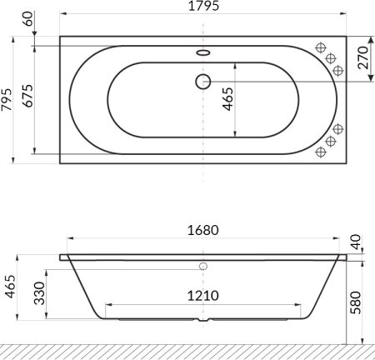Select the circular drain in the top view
click(x=202, y=82)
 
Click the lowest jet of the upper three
click(x=337, y=70)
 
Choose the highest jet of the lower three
click(x=337, y=129)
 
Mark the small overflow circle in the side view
click(x=202, y=267)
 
